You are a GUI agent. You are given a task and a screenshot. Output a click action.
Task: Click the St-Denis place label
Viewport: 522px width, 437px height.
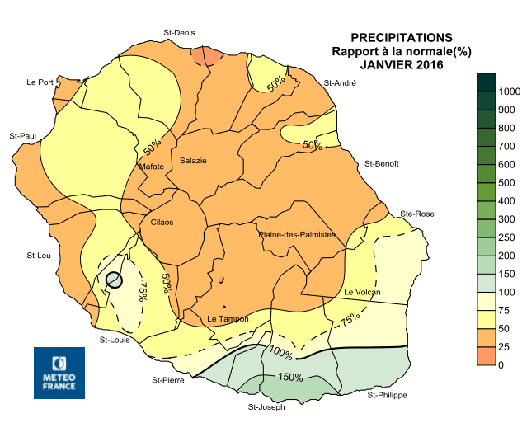tap(179, 33)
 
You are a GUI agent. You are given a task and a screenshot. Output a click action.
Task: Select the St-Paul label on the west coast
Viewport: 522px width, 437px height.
tap(22, 135)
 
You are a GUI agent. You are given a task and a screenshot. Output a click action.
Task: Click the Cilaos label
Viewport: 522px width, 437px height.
tap(162, 222)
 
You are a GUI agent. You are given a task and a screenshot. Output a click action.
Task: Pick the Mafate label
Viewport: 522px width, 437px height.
tap(152, 167)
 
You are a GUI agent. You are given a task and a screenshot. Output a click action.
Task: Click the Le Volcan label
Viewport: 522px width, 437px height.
tap(361, 293)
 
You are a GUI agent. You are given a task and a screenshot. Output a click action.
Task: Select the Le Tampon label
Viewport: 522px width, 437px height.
tap(223, 318)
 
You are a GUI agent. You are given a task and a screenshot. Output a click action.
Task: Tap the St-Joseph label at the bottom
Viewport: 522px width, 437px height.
tap(266, 407)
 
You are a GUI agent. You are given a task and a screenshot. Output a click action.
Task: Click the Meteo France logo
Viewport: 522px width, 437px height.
tap(59, 373)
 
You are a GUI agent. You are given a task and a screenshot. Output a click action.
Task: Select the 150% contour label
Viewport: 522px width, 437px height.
tap(289, 378)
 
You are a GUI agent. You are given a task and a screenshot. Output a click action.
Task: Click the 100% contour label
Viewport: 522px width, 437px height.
tap(281, 355)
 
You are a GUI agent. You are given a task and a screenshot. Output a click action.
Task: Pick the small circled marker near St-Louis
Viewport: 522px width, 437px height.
tap(115, 280)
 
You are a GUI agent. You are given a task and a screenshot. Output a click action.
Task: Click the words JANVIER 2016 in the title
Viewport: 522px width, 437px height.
tap(401, 65)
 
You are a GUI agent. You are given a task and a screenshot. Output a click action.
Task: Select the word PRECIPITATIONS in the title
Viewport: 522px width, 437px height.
tap(401, 38)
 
